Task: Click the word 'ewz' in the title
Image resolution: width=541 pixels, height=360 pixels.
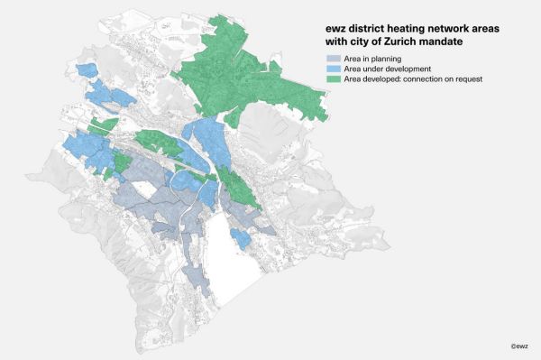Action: [335, 28]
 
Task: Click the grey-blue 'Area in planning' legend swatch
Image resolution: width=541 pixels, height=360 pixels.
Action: [333, 58]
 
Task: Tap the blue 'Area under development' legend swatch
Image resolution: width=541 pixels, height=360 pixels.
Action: [333, 69]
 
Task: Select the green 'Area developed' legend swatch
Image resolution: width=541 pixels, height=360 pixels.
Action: [333, 79]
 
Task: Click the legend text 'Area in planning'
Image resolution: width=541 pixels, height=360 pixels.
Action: [371, 58]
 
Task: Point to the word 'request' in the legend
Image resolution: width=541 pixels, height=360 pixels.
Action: [468, 79]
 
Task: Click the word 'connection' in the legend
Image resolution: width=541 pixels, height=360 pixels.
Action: [417, 79]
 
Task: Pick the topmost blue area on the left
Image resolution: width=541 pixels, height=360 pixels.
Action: [87, 70]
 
